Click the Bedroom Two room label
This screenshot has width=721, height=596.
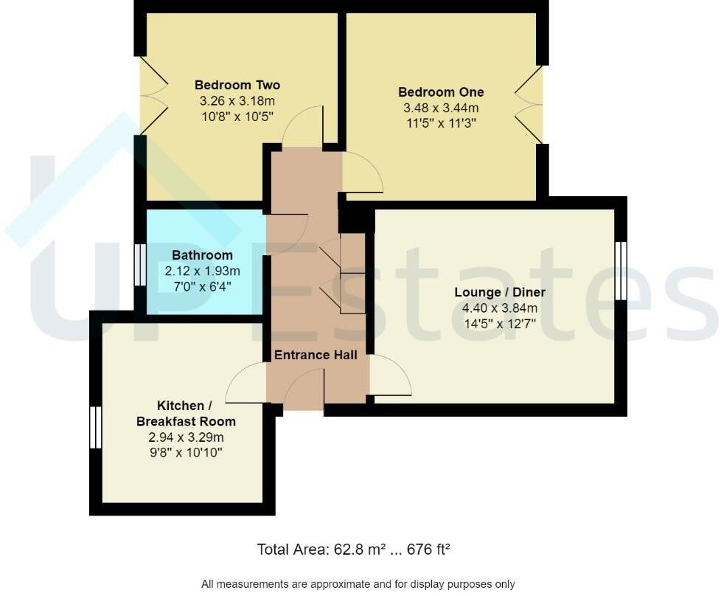click(237, 85)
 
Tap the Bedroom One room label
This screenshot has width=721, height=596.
click(441, 92)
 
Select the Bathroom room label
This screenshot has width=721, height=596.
click(202, 255)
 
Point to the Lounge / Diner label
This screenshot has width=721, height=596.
click(500, 292)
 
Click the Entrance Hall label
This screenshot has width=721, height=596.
click(316, 355)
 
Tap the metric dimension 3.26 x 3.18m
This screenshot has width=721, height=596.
click(237, 101)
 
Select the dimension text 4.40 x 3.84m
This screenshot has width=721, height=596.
click(500, 308)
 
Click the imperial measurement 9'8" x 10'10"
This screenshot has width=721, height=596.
click(186, 453)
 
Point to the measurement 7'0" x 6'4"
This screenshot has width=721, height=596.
click(202, 287)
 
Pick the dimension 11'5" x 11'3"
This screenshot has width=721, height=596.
click(441, 123)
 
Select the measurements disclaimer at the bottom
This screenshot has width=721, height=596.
click(358, 584)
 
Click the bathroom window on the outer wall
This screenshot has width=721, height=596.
click(140, 265)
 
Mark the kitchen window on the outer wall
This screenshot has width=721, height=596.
click(95, 427)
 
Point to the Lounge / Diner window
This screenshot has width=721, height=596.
click(621, 271)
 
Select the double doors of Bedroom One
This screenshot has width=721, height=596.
click(529, 105)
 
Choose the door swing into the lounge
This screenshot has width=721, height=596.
click(391, 375)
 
